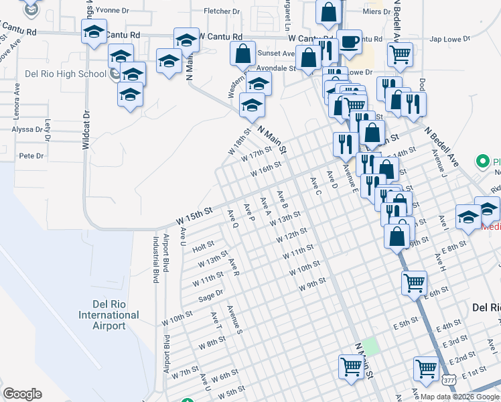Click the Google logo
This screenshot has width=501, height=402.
22,394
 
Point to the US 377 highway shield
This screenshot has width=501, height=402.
449,379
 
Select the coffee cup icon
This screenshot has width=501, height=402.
349,42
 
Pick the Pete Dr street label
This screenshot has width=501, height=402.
31,156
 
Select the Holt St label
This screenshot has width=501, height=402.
202,247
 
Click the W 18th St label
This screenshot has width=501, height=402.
238,145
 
